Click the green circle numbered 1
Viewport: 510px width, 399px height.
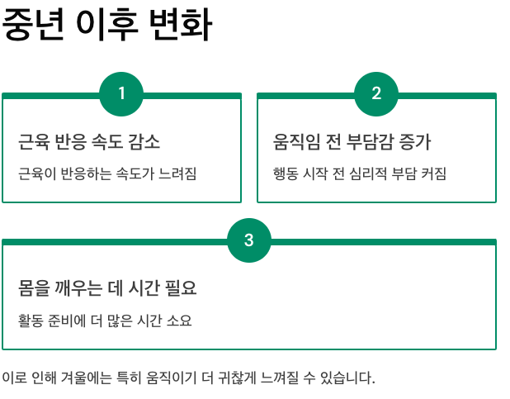[x=121, y=93]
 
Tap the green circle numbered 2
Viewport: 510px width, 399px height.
[x=376, y=93]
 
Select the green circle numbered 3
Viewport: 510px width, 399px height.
[x=249, y=240]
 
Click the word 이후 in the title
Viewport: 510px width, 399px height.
[x=106, y=26]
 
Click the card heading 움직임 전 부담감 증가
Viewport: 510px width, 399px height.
[x=352, y=142]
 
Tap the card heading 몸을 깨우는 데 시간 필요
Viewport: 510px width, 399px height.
[x=107, y=288]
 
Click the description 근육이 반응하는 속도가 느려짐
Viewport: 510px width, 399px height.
[x=107, y=173]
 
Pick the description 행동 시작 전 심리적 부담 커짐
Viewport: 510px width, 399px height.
[x=360, y=173]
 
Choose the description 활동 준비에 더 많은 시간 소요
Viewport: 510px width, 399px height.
[x=105, y=320]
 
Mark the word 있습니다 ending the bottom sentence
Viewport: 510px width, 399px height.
[x=346, y=378]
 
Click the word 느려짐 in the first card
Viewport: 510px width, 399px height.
[x=179, y=173]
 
